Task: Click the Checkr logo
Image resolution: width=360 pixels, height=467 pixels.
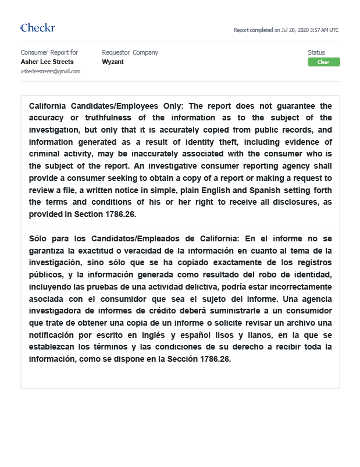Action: coord(38,28)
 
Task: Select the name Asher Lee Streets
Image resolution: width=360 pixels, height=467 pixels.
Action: coord(47,61)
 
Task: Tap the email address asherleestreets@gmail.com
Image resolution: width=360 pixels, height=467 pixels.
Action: coord(51,71)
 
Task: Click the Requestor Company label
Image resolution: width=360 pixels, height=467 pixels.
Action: coord(130,52)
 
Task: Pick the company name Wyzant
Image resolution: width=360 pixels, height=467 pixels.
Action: coord(112,61)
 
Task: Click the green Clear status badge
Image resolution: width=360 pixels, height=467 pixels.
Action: coord(323,62)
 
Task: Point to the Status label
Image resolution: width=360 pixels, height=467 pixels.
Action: coord(316,52)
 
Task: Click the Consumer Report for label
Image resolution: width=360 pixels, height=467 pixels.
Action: coord(49,52)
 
